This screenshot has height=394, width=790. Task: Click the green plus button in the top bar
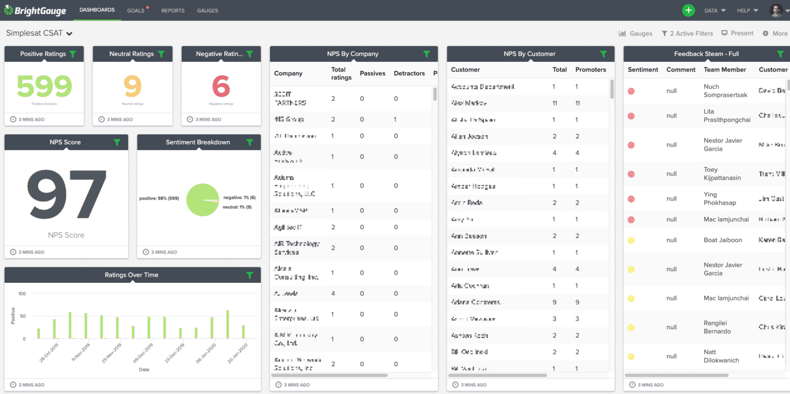[688, 10]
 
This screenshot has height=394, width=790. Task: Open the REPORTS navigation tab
[173, 10]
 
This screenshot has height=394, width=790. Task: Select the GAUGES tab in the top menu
[207, 10]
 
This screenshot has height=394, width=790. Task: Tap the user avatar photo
[776, 10]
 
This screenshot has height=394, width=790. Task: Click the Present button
[738, 33]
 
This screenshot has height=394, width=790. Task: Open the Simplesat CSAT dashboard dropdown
[39, 33]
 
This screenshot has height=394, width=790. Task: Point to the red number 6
[221, 86]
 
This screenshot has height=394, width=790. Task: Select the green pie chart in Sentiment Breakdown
[202, 200]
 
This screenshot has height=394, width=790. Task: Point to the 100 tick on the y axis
[22, 294]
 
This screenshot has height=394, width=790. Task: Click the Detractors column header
[409, 74]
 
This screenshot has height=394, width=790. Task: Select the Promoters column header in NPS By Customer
[590, 69]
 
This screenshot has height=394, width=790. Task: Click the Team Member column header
[725, 69]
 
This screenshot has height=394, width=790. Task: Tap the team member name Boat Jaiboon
[723, 240]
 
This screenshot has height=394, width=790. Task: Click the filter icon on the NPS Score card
[117, 142]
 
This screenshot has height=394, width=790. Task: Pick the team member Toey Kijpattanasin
[722, 174]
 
